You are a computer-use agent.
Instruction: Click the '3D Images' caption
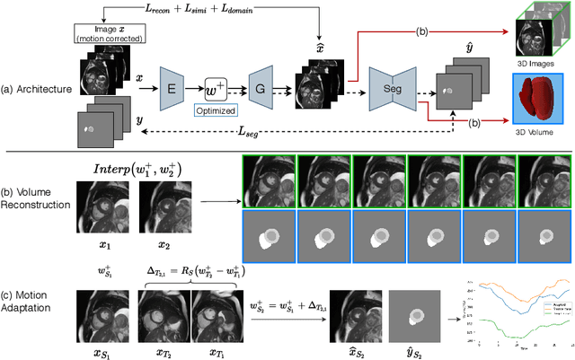click(536, 60)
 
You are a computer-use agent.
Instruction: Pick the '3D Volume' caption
click(535, 132)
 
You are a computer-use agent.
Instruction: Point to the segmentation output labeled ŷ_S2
click(413, 315)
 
